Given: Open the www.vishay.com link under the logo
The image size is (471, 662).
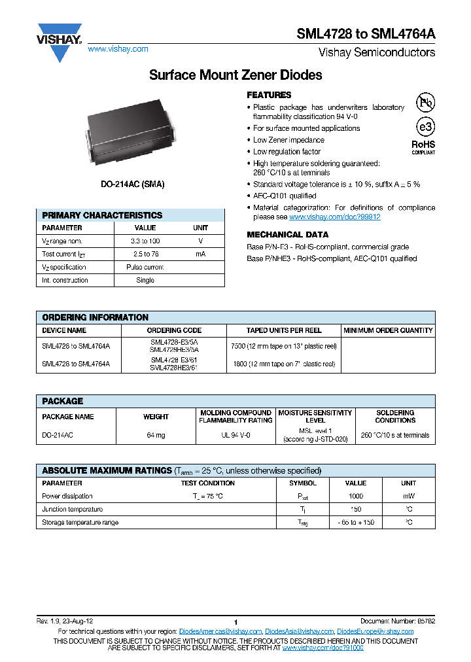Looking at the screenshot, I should (x=118, y=49).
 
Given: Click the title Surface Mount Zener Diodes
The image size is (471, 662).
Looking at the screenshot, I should (x=235, y=75).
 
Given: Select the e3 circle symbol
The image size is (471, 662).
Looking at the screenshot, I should (x=425, y=126).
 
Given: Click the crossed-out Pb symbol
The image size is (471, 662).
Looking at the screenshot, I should (x=425, y=103).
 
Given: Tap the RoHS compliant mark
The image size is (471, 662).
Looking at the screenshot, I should (x=423, y=147).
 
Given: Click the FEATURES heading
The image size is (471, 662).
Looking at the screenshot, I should (x=269, y=95).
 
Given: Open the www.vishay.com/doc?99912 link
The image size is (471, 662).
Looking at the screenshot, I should (x=334, y=217).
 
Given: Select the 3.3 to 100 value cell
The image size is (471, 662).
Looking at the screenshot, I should (x=145, y=241).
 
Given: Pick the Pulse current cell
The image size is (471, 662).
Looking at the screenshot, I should (x=145, y=268).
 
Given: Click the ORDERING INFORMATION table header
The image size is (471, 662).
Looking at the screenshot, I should (x=96, y=317).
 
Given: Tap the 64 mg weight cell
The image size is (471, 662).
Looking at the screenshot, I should (x=156, y=435).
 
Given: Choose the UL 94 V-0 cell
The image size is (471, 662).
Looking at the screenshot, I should (x=235, y=435).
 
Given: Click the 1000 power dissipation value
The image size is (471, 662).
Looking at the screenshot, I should (x=356, y=496).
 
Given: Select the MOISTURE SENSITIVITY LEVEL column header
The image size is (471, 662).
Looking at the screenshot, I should (x=315, y=417).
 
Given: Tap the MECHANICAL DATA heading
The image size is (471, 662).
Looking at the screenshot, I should (x=287, y=234).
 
